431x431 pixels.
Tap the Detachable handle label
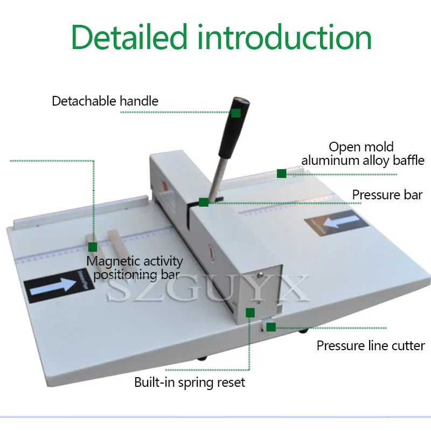click(105, 101)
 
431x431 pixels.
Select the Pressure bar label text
click(387, 194)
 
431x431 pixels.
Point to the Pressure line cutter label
click(371, 346)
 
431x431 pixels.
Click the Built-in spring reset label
click(190, 383)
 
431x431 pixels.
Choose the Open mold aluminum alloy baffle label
click(362, 154)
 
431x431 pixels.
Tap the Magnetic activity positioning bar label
click(135, 268)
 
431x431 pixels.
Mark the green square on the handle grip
click(236, 113)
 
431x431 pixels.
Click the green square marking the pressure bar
click(203, 202)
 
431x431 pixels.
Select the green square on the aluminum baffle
click(281, 173)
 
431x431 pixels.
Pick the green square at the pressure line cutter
click(270, 326)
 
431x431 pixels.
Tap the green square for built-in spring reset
click(250, 312)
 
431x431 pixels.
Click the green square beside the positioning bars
click(93, 247)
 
